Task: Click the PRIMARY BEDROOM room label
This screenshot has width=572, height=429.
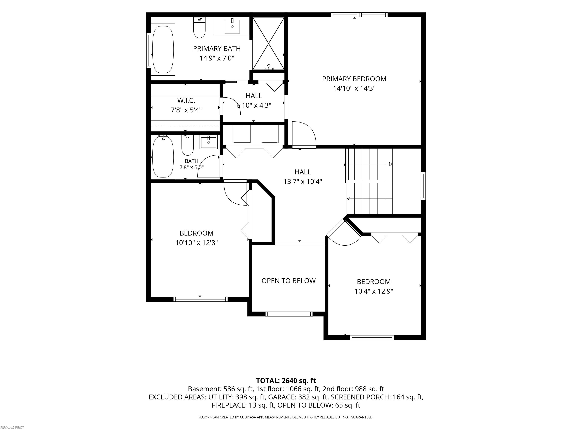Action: coord(354,79)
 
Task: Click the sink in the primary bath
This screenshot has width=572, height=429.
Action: coord(232,26)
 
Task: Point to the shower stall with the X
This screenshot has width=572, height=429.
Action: coord(268,43)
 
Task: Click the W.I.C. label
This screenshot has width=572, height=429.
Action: coord(186,100)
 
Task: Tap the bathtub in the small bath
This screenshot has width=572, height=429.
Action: coord(163,157)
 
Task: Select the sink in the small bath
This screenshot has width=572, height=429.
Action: coord(208,142)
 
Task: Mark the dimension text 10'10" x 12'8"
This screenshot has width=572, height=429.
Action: coord(196,243)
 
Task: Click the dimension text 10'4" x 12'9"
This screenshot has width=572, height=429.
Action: coord(374,291)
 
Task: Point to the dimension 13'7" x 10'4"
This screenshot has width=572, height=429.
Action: coord(303,182)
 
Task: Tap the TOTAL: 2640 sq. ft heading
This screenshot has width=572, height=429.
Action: coord(286,381)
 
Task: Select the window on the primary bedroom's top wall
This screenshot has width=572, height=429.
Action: coord(359,15)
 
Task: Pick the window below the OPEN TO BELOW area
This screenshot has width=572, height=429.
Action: coord(289,314)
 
